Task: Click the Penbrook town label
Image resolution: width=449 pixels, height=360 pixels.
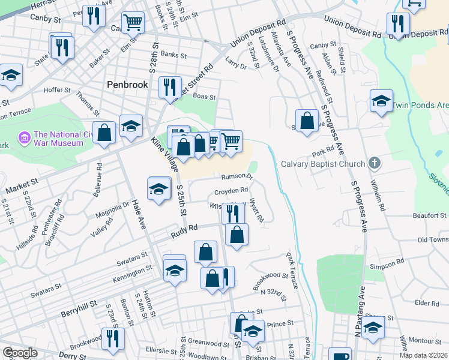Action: coord(127,85)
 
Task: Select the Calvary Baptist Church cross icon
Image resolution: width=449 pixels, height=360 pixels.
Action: coord(375,163)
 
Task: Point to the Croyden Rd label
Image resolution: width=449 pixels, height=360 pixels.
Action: coord(231,191)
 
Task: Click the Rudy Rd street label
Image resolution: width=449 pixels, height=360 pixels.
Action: coord(184,228)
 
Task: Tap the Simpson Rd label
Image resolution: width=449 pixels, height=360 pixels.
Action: coord(387,264)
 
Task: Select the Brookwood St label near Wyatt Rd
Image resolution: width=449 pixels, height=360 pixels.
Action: coord(271,276)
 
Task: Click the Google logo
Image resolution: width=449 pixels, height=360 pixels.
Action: coord(20,353)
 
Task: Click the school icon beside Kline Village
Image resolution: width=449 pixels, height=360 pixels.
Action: coord(158,190)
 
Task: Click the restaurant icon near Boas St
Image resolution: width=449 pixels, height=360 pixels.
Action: coord(170,87)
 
